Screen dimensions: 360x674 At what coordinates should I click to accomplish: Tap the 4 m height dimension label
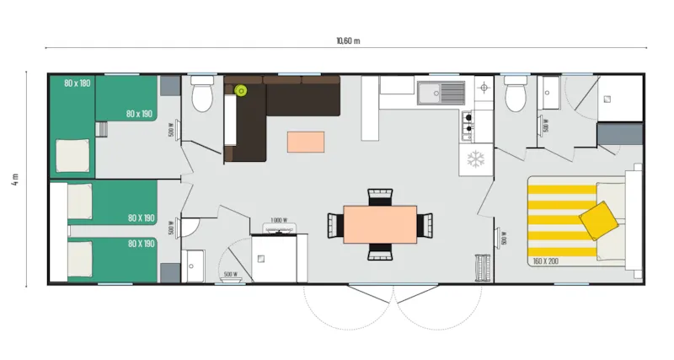coord(15,180)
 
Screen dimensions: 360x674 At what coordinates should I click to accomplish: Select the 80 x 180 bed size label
coord(77,83)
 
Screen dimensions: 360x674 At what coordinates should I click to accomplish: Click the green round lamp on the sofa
coord(240,90)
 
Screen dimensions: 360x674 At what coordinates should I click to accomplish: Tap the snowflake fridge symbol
coord(475,159)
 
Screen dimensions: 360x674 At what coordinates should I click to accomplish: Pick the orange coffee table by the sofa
coord(305,142)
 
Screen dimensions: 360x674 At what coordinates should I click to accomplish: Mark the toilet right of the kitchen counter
coord(516,96)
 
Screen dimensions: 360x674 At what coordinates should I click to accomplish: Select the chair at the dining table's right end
coord(425,225)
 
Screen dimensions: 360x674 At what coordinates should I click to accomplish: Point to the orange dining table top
coord(381,224)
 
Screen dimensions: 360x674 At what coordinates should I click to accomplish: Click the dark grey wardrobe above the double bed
coord(618,134)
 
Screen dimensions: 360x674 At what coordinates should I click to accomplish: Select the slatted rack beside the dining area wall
coord(484,267)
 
